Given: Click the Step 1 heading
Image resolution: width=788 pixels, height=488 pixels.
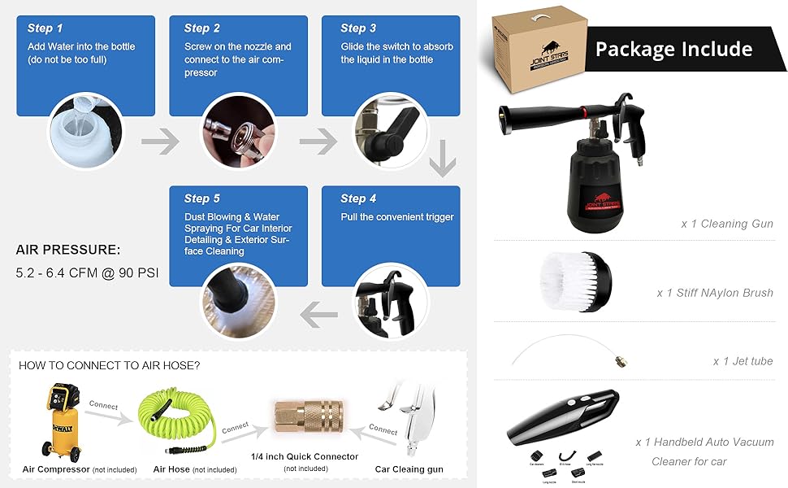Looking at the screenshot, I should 45,28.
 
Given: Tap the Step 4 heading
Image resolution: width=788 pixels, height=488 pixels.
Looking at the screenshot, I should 359,198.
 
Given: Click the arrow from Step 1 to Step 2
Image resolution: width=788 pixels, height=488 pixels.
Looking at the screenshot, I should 159,143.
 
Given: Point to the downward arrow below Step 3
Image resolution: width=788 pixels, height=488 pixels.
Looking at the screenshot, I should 442,159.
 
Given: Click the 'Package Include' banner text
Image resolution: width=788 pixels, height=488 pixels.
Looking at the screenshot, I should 673,49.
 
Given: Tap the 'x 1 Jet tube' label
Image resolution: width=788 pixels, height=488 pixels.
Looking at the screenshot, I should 743,361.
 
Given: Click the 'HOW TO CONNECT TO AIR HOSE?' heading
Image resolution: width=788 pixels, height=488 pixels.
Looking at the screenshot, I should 109,366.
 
